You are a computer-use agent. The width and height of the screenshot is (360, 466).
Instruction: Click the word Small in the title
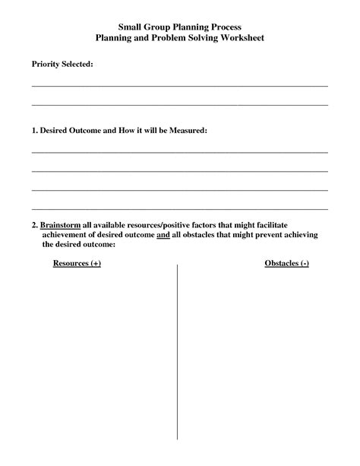click(131, 26)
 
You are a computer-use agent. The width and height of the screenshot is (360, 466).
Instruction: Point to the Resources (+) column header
click(77, 263)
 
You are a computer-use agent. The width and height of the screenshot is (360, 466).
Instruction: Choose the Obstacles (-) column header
click(286, 263)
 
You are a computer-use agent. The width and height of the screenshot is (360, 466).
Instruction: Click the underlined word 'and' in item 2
click(163, 235)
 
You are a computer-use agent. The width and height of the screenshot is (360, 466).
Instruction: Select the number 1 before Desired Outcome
click(34, 131)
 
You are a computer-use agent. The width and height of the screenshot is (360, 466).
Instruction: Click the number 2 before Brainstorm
click(34, 226)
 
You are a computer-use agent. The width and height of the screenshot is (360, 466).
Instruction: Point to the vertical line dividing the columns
click(178, 350)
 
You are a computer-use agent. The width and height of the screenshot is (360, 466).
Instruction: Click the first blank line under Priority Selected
click(179, 86)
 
